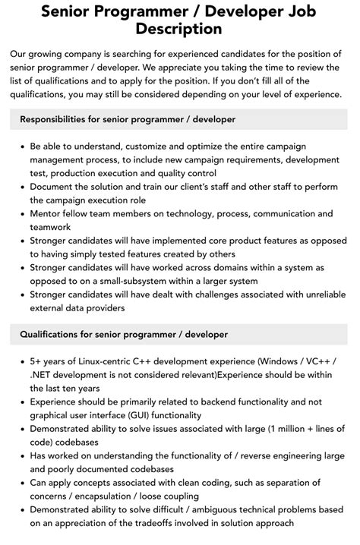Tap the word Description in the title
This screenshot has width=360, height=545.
pos(179,30)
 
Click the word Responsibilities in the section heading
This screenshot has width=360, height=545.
pos(59,119)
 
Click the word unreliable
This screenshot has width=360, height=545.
pos(314,295)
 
